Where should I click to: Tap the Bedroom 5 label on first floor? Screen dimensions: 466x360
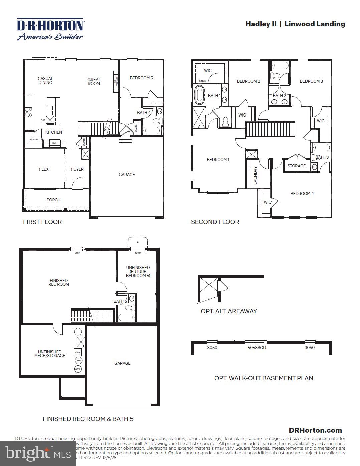tap(141, 78)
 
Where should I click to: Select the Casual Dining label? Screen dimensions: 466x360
tap(45, 81)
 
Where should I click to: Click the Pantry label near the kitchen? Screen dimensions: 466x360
tap(34, 139)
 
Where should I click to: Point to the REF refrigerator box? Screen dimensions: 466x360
tap(54, 143)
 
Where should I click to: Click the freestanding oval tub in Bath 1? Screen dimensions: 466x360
tap(199, 95)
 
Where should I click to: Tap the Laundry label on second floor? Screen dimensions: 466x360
tap(255, 175)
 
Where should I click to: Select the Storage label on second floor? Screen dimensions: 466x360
tap(296, 166)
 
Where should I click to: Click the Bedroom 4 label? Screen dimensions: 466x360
tap(302, 194)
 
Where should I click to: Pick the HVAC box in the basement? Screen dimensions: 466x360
tap(78, 353)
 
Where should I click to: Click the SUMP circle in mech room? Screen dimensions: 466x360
tap(78, 369)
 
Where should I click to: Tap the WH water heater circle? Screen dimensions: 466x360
tap(78, 361)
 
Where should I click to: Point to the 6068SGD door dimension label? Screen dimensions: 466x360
tap(257, 348)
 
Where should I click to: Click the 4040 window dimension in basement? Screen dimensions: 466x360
tap(137, 253)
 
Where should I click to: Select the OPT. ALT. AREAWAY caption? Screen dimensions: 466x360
tap(229, 311)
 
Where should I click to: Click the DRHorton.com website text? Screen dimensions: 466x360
tap(315, 430)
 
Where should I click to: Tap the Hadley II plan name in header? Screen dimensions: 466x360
tap(261, 24)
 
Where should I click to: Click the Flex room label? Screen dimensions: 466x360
tap(44, 169)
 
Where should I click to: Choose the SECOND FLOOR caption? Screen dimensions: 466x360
tap(215, 222)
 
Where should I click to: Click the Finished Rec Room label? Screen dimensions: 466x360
tap(59, 282)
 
